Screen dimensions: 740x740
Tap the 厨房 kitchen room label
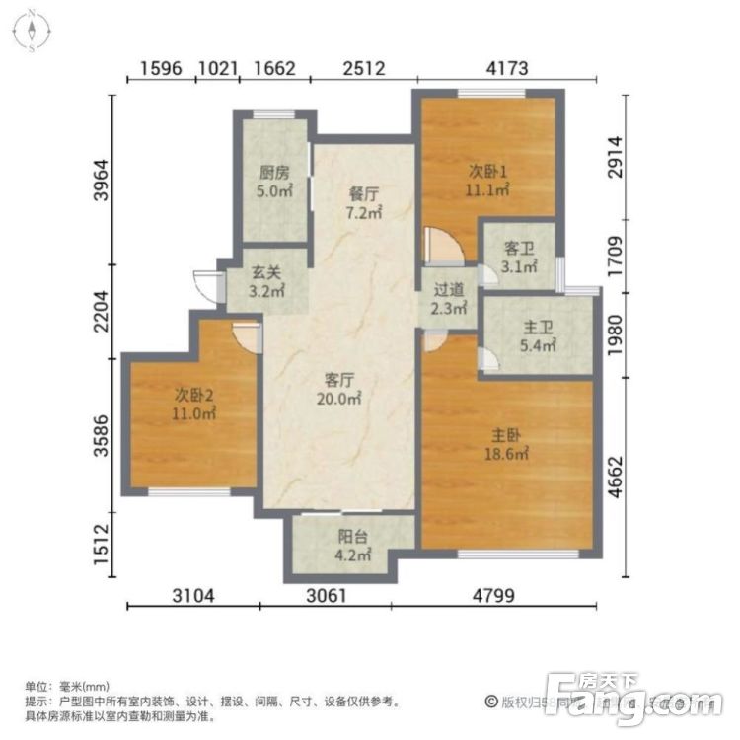pos(273,181)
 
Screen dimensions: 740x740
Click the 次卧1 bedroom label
pos(487,180)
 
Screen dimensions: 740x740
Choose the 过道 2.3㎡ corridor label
pos(449,298)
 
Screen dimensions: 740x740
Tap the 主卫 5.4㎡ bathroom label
pos(538,337)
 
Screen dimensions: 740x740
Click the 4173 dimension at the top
pos(507,68)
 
